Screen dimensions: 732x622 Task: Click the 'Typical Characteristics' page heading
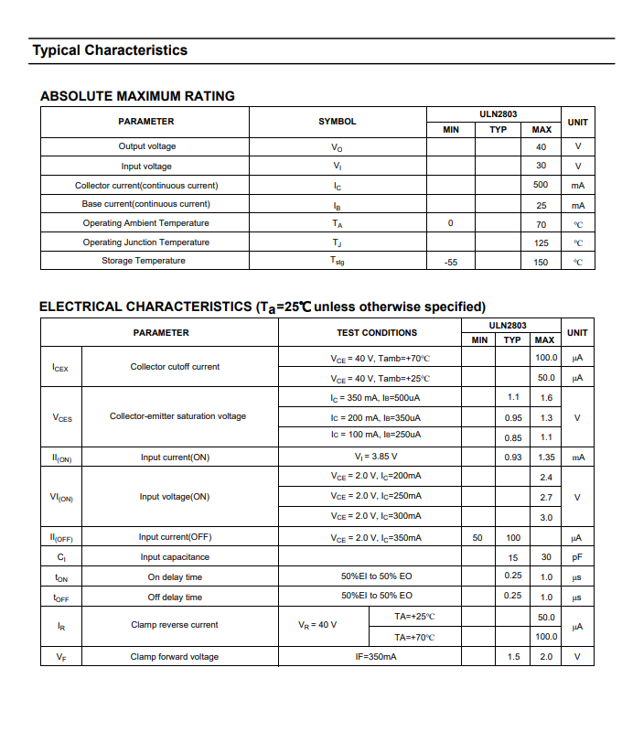110,50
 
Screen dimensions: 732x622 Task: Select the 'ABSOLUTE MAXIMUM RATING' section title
137,96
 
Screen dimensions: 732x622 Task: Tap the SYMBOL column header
337,122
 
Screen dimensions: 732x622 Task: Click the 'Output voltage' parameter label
146,146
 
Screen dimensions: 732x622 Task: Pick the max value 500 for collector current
541,185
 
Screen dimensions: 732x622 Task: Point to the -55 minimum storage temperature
450,262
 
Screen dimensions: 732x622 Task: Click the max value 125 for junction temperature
541,242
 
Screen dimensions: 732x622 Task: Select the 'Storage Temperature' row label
144,261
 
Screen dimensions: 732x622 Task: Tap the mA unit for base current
577,205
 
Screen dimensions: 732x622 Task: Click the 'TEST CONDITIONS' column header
376,333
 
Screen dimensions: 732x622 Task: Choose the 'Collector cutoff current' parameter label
175,367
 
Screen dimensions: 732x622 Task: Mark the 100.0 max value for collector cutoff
546,358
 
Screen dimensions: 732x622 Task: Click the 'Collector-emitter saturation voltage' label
177,416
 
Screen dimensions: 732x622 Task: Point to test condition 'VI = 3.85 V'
376,457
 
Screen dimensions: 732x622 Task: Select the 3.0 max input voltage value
546,518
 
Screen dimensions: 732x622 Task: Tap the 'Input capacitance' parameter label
175,557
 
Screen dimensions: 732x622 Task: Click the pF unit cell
577,557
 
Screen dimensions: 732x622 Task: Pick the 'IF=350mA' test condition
376,657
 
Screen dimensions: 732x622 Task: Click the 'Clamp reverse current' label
175,626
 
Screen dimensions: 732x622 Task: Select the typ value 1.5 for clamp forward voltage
513,657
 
